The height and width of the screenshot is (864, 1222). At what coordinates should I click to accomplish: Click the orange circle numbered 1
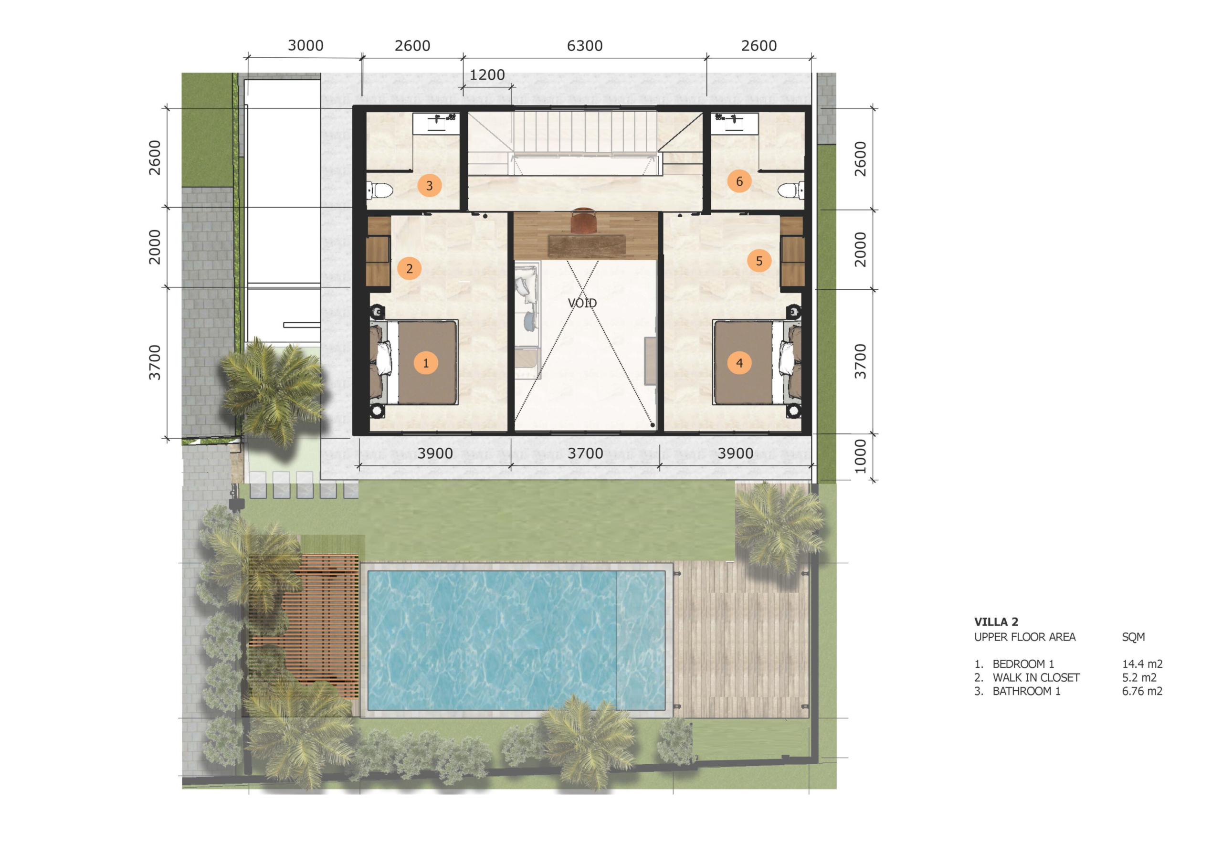tap(425, 363)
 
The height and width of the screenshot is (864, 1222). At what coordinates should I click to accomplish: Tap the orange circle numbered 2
tap(409, 268)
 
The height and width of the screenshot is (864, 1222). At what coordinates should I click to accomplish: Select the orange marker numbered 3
tap(430, 186)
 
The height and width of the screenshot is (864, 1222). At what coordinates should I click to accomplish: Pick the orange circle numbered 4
tap(739, 363)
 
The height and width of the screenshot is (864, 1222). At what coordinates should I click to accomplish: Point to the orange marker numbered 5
tap(759, 261)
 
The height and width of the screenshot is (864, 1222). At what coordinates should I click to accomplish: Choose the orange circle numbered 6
tap(739, 181)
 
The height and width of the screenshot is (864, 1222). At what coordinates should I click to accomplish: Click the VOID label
tap(582, 303)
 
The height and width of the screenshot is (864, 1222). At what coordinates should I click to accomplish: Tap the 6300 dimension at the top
tap(584, 46)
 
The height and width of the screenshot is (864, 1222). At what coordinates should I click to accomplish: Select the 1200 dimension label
tap(487, 74)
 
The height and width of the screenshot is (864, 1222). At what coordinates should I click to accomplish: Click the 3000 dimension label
tap(305, 46)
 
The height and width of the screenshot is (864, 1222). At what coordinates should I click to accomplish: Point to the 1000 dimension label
tap(860, 456)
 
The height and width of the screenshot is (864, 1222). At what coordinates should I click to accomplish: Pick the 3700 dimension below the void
tap(585, 453)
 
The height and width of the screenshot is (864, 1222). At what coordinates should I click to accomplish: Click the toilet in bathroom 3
tap(379, 190)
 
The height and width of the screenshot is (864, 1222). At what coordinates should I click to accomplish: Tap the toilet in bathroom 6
tap(791, 190)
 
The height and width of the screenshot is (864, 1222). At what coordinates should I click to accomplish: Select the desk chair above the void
tap(584, 220)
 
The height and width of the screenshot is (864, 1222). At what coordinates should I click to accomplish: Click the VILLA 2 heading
tap(996, 622)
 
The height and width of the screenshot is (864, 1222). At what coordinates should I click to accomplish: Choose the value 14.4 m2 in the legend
tap(1142, 664)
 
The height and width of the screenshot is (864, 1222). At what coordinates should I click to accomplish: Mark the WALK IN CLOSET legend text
tap(1036, 678)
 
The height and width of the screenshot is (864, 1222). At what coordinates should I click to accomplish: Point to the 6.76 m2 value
tap(1142, 691)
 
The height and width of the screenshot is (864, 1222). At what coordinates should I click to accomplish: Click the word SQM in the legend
tap(1133, 637)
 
